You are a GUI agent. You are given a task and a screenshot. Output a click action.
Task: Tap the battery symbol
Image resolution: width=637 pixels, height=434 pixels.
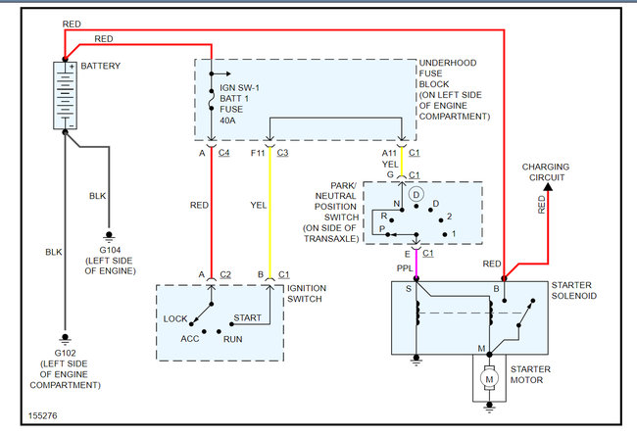click(x=65, y=96)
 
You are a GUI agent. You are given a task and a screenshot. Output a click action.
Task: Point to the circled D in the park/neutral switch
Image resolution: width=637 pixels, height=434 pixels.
click(x=416, y=195)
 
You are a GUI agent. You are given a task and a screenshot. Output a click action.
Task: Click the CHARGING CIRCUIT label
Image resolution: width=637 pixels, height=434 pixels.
click(x=547, y=173)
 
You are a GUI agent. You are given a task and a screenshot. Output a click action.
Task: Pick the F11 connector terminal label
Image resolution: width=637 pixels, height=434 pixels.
click(x=258, y=153)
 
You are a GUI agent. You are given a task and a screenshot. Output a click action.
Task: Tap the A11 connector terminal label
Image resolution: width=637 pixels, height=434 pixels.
click(x=390, y=153)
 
